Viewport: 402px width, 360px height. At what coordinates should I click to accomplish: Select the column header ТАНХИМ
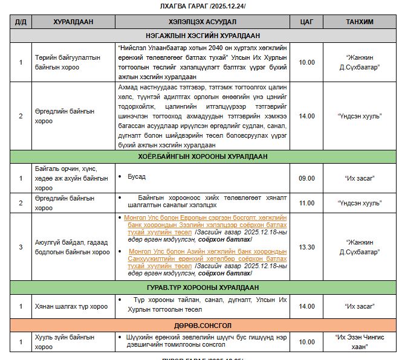click(359, 22)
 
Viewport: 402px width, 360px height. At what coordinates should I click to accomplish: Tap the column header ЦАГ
click(306, 22)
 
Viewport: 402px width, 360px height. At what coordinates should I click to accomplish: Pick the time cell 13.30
click(306, 246)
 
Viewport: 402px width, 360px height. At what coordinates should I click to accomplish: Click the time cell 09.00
click(306, 178)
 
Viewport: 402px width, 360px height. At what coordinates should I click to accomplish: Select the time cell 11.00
click(306, 203)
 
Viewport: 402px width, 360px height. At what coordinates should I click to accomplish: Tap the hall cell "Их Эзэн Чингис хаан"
click(359, 342)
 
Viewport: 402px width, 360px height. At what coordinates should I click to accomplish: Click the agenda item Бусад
click(137, 177)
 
